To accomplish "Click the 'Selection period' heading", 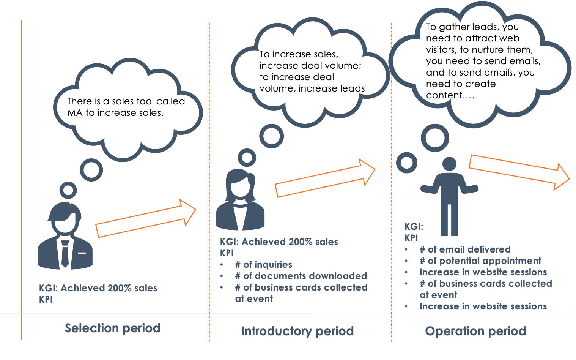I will [x=112, y=328].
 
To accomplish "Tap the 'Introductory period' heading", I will [x=297, y=331].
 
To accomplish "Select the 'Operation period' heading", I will [x=475, y=331].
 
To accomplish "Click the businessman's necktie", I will [x=65, y=254].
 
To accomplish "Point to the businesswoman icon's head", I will [x=240, y=184].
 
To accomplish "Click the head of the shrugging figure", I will [x=449, y=164].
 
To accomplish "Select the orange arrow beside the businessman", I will [x=145, y=218].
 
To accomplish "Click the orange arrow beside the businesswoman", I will [x=324, y=178].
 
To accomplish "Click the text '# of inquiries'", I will [x=263, y=265].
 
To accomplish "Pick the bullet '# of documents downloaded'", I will [x=301, y=276].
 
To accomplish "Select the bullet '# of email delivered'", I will [x=465, y=249].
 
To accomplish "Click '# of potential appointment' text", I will [x=480, y=261].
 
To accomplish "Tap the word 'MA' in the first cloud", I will [x=75, y=113].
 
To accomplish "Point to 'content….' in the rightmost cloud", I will [x=450, y=95].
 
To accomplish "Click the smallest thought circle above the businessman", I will [x=68, y=190].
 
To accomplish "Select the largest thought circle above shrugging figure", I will [x=435, y=138].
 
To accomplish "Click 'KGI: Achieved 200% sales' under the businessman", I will [x=98, y=288].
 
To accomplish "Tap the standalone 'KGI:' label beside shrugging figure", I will [x=414, y=227].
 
